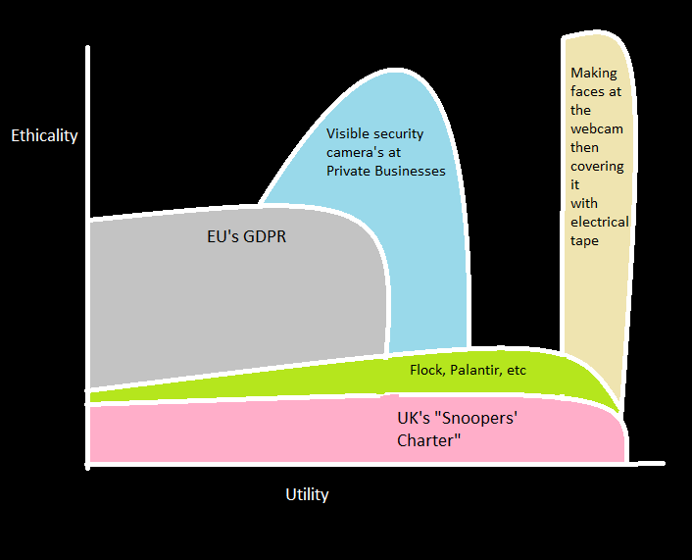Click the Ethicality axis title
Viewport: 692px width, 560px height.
coord(44,135)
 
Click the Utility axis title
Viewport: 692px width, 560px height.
coord(307,494)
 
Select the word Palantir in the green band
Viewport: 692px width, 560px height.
coord(475,370)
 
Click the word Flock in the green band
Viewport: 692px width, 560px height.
coord(426,370)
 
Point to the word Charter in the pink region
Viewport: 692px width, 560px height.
coord(428,441)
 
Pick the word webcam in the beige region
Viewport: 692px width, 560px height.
coord(596,128)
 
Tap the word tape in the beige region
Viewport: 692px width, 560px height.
coord(584,240)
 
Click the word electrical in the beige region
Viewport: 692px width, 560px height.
coord(599,222)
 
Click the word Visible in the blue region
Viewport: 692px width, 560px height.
coord(347,134)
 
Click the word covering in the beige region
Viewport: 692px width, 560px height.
coord(597,166)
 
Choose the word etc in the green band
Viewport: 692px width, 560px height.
coord(516,370)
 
